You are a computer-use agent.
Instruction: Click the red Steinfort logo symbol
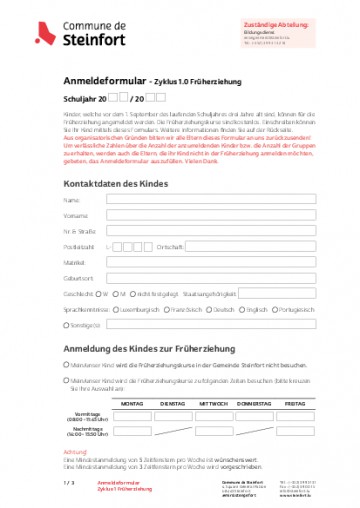click(41, 35)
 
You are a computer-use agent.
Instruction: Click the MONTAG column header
click(131, 404)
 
